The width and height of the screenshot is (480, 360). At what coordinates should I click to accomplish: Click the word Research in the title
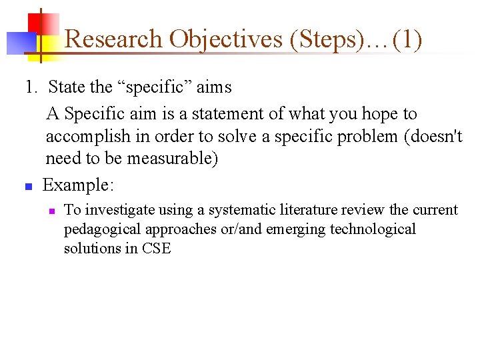tap(114, 39)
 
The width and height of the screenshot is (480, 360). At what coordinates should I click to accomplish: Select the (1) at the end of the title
tap(407, 39)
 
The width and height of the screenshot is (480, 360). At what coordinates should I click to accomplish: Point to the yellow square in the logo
tap(45, 46)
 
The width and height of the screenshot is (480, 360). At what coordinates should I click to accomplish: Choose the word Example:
tap(77, 185)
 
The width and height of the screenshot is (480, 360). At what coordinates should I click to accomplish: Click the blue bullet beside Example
tap(28, 187)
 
